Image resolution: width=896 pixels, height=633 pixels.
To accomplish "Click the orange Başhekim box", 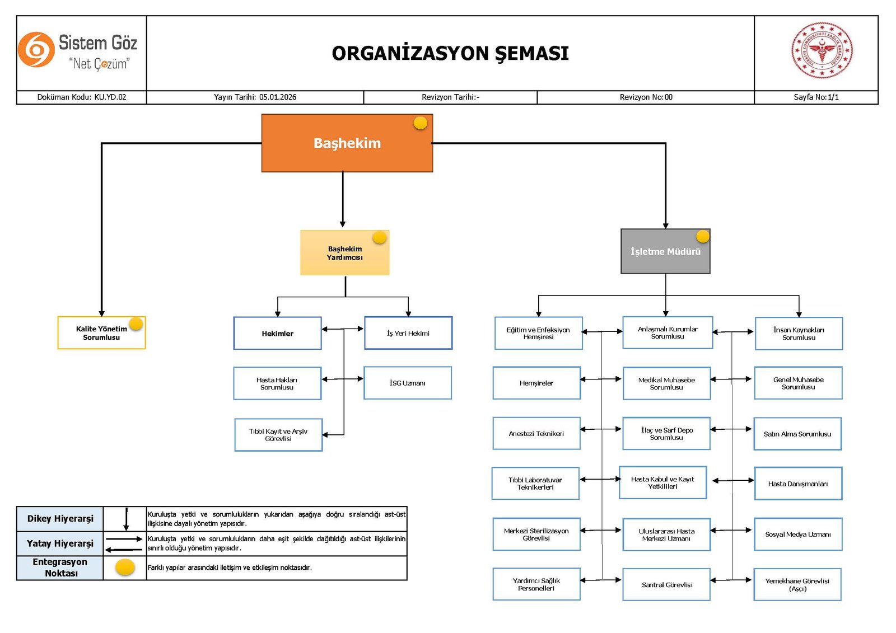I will [x=347, y=143].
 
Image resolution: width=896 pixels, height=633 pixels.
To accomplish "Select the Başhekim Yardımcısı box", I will [x=344, y=253].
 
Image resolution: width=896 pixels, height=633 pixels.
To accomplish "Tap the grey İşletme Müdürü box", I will [x=665, y=251].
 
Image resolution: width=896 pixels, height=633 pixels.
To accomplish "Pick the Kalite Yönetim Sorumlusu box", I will [x=101, y=333].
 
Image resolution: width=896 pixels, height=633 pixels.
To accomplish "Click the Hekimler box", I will [x=277, y=334].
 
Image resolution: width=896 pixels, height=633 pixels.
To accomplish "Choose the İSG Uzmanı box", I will [x=407, y=383].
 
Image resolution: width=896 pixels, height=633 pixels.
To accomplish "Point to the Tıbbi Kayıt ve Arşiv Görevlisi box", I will [x=278, y=435].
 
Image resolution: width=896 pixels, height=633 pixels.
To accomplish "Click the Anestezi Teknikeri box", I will [x=536, y=433].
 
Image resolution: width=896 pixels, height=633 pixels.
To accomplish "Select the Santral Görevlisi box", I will [x=666, y=585].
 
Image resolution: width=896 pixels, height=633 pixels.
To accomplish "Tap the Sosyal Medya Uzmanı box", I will [x=797, y=534].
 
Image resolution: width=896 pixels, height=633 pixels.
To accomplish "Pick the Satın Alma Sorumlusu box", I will [x=797, y=434].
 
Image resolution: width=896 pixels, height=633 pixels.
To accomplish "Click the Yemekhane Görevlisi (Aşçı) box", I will [x=797, y=585].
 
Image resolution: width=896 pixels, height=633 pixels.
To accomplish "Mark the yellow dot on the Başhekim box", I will [x=421, y=123].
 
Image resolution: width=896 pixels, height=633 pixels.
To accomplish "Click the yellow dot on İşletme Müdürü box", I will [x=703, y=237].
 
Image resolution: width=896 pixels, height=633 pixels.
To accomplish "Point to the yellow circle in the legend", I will [x=125, y=568].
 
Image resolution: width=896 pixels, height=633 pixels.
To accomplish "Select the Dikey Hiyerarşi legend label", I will [x=60, y=519].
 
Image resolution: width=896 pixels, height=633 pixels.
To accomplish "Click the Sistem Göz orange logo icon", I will [x=36, y=50].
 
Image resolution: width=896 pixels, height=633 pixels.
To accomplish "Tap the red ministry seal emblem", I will [x=822, y=50].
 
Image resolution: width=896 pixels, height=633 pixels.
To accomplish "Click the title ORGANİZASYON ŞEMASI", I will [x=450, y=53].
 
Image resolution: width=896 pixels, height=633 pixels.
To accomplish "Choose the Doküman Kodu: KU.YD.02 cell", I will [x=82, y=97].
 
